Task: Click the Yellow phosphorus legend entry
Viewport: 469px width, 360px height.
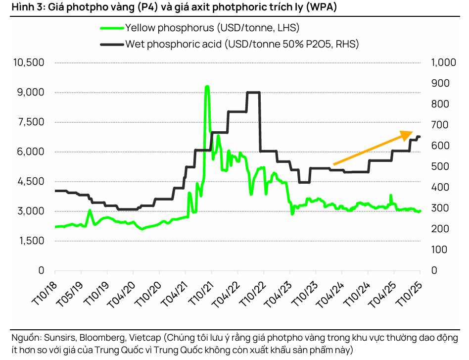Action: (212, 28)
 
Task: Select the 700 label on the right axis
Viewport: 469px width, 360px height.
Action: (440, 125)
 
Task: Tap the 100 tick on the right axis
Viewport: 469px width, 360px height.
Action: (440, 250)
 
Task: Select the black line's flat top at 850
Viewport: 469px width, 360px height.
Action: (253, 93)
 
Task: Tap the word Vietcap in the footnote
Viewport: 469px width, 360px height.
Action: (146, 338)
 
